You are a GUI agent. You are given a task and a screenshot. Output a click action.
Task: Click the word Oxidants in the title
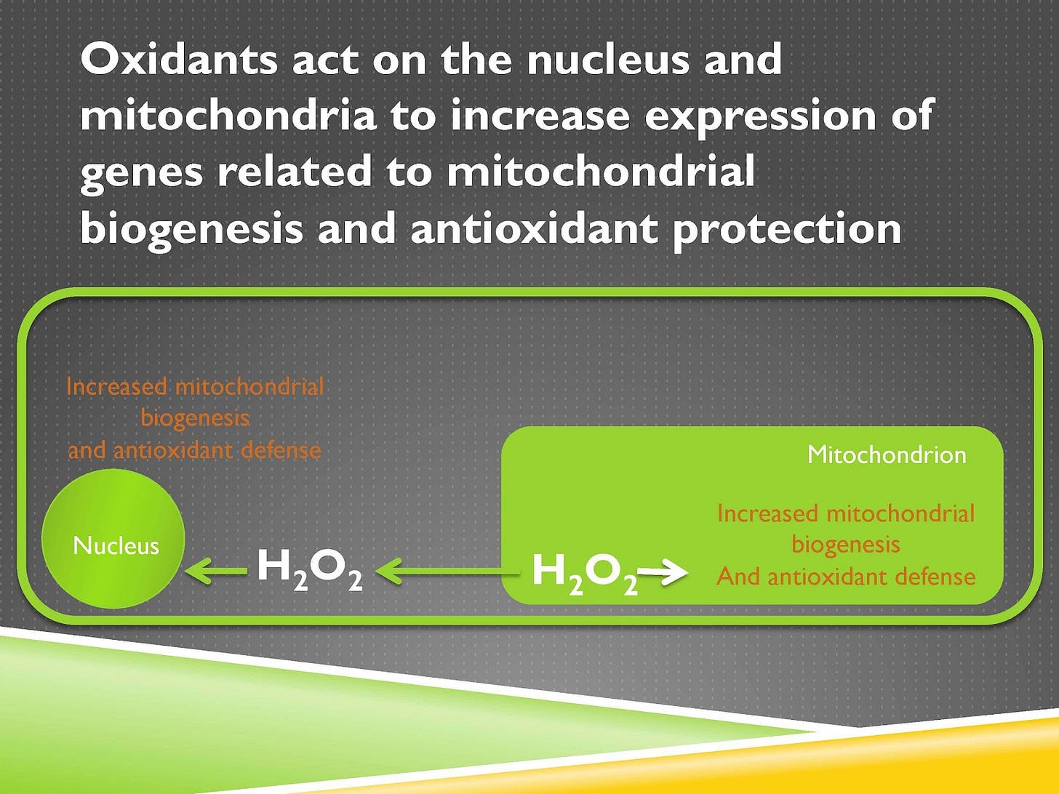point(178,59)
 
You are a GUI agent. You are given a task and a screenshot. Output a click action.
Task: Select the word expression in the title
point(760,116)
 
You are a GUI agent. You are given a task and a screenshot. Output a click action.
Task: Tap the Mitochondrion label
point(887,454)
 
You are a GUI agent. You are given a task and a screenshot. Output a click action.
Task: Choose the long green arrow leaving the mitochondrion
point(447,572)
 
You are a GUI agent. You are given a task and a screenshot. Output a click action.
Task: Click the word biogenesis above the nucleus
point(195,418)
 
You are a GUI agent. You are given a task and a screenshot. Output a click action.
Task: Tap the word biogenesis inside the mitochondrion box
point(846,545)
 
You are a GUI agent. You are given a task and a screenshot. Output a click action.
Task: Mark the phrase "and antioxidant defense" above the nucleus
point(194,450)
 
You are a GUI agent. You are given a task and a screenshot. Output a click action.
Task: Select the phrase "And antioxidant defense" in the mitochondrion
point(846,577)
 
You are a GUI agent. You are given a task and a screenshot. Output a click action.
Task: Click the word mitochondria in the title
point(228,116)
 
